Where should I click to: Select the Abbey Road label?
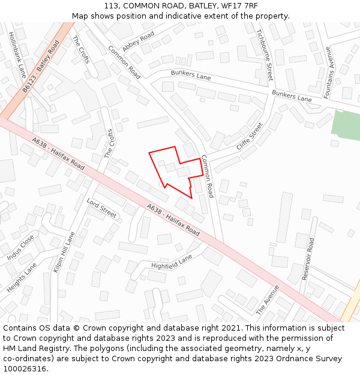(138, 43)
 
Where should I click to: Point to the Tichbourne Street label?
(265, 55)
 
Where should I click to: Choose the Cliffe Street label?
(250, 137)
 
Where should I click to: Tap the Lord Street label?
(101, 208)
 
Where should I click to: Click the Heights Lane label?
(22, 277)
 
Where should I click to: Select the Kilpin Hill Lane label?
(64, 252)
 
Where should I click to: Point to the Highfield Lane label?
(172, 262)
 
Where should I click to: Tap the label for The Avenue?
(268, 300)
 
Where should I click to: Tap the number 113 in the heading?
(111, 6)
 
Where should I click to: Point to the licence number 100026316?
(23, 369)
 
